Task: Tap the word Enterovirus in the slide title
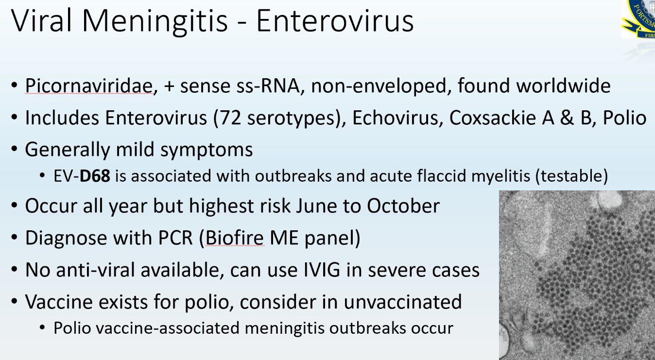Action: [x=335, y=21]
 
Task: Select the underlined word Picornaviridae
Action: [x=89, y=86]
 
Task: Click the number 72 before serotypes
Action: [x=230, y=118]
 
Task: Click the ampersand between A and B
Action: [x=567, y=118]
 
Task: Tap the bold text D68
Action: [x=95, y=176]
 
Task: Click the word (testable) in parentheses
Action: [x=571, y=176]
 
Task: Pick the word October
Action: [x=403, y=206]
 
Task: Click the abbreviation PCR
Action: [x=175, y=238]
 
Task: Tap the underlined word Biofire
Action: [x=235, y=238]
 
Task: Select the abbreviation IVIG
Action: [x=322, y=270]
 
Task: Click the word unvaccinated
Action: [x=402, y=302]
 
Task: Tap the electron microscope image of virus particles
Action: [x=577, y=275]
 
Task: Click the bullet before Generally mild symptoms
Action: [x=14, y=149]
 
